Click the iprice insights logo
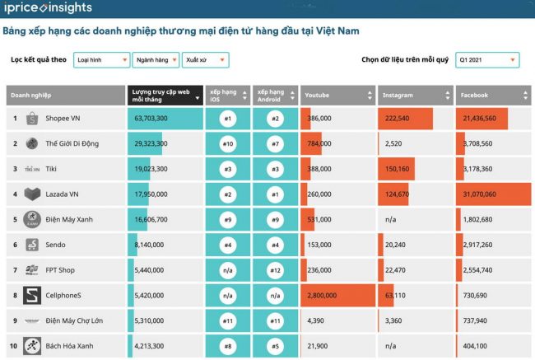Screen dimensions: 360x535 [x=47, y=9]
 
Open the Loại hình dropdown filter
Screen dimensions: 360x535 [x=101, y=60]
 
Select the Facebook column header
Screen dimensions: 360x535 [x=492, y=95]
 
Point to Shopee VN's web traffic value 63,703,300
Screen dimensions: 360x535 [x=151, y=119]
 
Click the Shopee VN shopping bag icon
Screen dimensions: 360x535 [x=32, y=119]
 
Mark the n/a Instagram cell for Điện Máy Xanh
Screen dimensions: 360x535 [x=390, y=220]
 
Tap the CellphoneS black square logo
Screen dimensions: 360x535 [x=32, y=295]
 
